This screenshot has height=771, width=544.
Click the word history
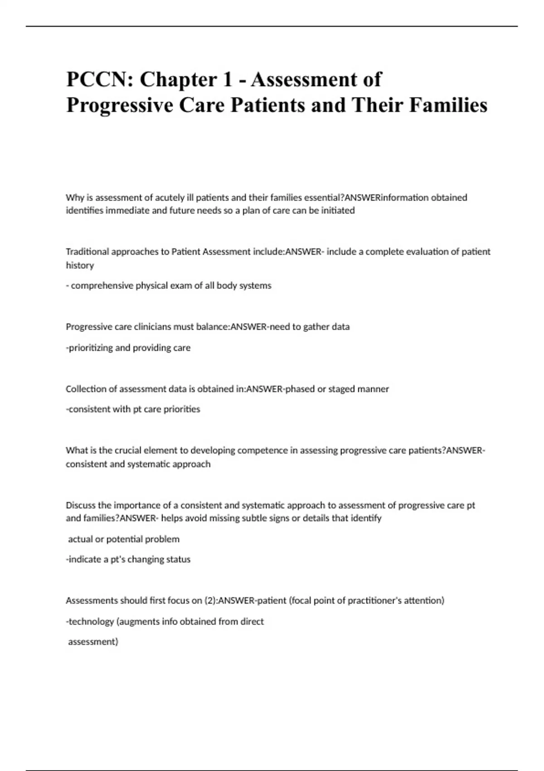pyautogui.click(x=80, y=265)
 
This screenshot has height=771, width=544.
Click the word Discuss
pyautogui.click(x=81, y=505)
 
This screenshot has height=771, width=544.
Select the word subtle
pyautogui.click(x=246, y=518)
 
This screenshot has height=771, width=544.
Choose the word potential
pyautogui.click(x=123, y=539)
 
